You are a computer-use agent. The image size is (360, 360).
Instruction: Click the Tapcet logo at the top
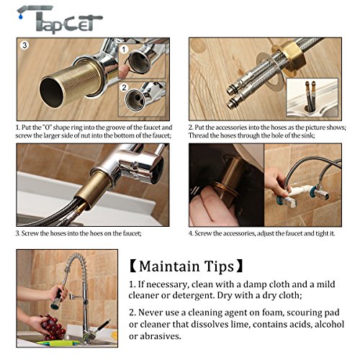(x=60, y=19)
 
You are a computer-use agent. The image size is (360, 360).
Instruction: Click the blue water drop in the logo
(x=21, y=17)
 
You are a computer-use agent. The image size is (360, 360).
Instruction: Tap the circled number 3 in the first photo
(x=24, y=45)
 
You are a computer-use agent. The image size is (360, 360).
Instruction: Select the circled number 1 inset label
(x=124, y=50)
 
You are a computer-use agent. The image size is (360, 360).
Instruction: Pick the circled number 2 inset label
(x=124, y=88)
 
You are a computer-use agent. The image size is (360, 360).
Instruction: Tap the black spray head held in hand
(x=57, y=300)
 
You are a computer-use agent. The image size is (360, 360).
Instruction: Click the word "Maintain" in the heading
(x=169, y=266)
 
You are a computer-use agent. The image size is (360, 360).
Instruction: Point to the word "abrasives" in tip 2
(x=161, y=336)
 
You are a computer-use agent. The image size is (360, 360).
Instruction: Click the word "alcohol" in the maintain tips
(x=329, y=324)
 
